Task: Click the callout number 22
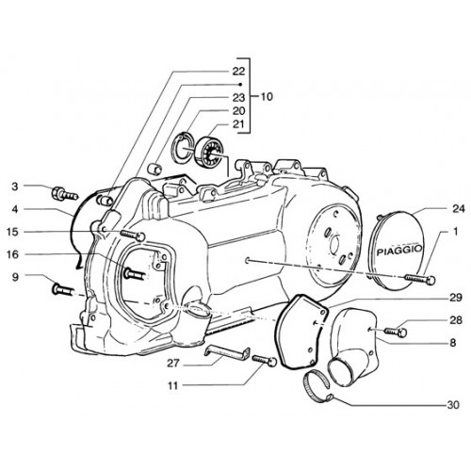pos(238,71)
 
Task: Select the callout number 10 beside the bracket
pos(267,96)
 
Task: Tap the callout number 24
pos(458,208)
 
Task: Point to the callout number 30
pos(453,405)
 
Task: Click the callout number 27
pos(173,364)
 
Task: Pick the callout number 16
pos(13,254)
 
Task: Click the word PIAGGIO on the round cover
pos(399,251)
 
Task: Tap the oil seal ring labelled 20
pos(182,148)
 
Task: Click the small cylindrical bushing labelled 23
pos(154,169)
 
